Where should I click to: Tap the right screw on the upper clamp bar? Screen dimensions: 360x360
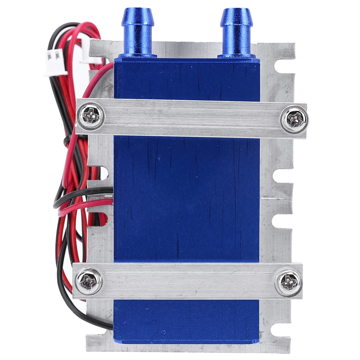pyautogui.click(x=295, y=119)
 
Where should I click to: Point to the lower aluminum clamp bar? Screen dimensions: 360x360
pyautogui.click(x=187, y=281)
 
